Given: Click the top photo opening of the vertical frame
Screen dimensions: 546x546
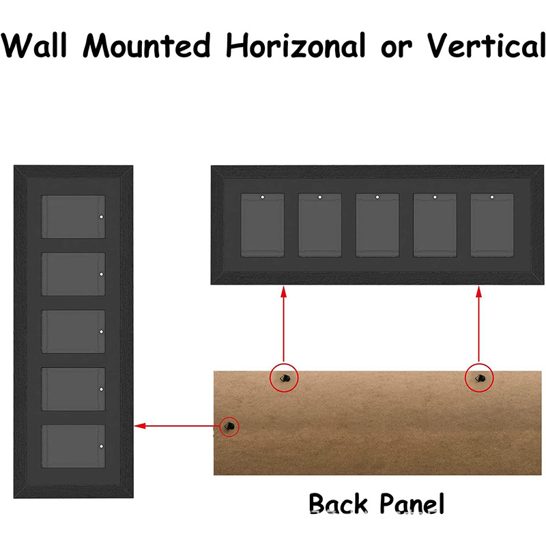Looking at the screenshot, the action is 74,217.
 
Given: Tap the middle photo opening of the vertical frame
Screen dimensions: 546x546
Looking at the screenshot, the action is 74,332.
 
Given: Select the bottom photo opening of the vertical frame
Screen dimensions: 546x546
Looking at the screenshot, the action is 74,446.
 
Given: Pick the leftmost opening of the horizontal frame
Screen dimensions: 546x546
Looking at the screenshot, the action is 263,225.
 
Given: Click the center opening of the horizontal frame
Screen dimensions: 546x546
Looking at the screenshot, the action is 377,225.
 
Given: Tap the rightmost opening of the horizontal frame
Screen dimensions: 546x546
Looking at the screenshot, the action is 492,225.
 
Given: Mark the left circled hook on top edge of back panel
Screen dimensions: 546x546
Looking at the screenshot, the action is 285,377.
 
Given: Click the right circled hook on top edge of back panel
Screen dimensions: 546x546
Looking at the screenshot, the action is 479,377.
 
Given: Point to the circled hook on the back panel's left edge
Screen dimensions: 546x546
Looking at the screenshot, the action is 230,426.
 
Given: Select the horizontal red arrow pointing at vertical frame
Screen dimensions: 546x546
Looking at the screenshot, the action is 177,426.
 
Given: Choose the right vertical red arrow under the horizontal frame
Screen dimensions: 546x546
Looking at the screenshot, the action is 479,324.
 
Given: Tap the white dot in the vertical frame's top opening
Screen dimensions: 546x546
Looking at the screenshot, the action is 100,217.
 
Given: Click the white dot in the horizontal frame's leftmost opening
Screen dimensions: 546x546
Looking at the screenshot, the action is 263,198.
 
